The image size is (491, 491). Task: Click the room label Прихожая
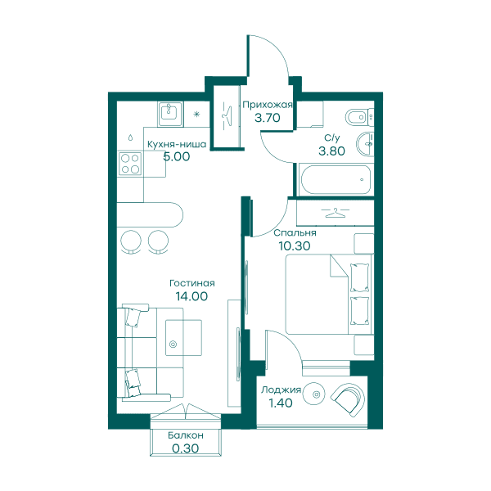[x=268, y=105]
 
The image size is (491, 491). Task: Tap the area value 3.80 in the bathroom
[x=331, y=151]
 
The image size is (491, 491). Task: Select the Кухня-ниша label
[x=177, y=144]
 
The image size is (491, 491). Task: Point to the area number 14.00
[x=191, y=296]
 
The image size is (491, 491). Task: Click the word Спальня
[x=295, y=233]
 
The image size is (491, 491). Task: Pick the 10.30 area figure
[x=295, y=246]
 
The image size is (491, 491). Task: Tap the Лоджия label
[x=281, y=390]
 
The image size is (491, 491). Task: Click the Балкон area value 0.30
[x=186, y=448]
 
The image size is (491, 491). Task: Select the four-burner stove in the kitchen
[x=130, y=164]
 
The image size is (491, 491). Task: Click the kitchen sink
[x=170, y=114]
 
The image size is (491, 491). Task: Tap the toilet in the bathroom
[x=359, y=117]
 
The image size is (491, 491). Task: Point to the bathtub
[x=336, y=180]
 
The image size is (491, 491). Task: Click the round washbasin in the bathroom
[x=365, y=144]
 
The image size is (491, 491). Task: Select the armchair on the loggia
[x=349, y=399]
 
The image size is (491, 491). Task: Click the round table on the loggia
[x=316, y=394]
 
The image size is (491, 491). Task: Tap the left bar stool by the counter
[x=131, y=241]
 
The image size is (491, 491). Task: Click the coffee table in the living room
[x=183, y=337]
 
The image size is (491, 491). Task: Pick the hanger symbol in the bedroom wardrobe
[x=335, y=213]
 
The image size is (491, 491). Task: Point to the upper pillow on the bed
[x=359, y=277]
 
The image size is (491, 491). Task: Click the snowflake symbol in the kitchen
[x=196, y=114]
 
